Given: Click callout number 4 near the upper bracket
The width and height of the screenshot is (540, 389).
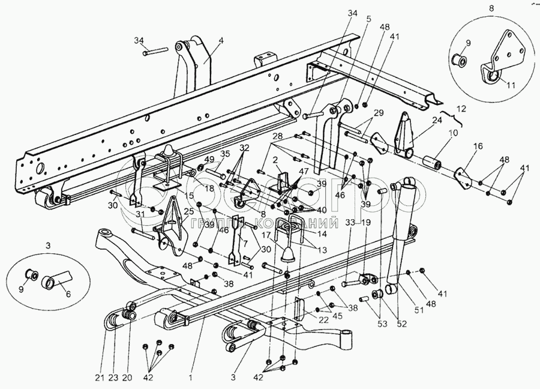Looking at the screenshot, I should click(x=221, y=41).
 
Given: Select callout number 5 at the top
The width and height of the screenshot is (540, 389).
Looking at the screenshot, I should click(x=368, y=18).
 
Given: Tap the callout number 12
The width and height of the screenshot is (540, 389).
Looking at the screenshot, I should click(x=460, y=109).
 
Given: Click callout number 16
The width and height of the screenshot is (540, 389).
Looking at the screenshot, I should click(x=478, y=146).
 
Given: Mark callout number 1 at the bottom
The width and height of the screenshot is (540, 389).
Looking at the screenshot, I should click(x=190, y=378).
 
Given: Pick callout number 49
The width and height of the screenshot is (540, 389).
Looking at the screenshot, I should click(x=210, y=159).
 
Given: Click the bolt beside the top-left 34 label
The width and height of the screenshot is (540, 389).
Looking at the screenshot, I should click(x=154, y=53).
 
